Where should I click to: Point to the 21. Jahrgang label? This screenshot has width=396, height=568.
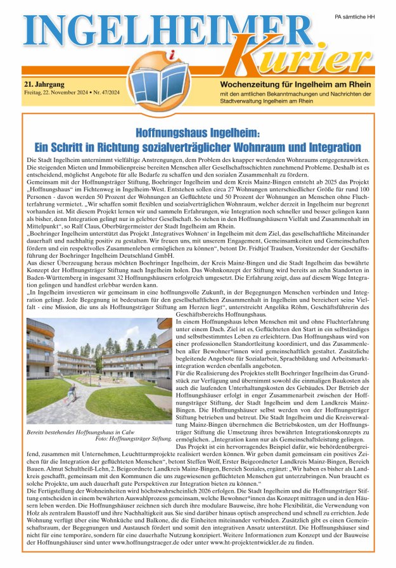click(46, 84)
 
